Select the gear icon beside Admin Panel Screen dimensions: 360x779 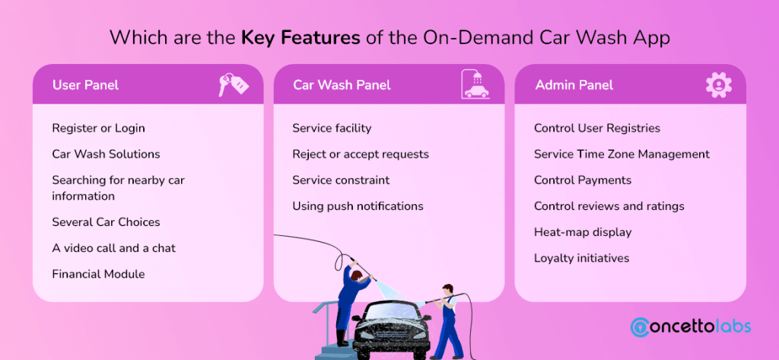(x=717, y=84)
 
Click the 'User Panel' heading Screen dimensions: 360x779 (x=85, y=84)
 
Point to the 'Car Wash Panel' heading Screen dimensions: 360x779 (x=342, y=84)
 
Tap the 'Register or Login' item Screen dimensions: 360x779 (x=98, y=128)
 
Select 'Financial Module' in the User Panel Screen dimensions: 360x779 (x=98, y=273)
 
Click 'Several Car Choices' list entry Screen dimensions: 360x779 (x=106, y=222)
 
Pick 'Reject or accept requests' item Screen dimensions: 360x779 (x=361, y=154)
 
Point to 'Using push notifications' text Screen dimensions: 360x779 (x=358, y=205)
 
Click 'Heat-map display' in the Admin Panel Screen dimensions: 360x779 (x=583, y=231)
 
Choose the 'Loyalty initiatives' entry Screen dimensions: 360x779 (x=581, y=257)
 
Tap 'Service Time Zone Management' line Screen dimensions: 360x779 (x=622, y=154)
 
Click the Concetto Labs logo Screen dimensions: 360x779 (x=691, y=327)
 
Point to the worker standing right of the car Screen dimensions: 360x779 (x=447, y=320)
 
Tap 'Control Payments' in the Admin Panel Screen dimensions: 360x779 (x=583, y=180)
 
